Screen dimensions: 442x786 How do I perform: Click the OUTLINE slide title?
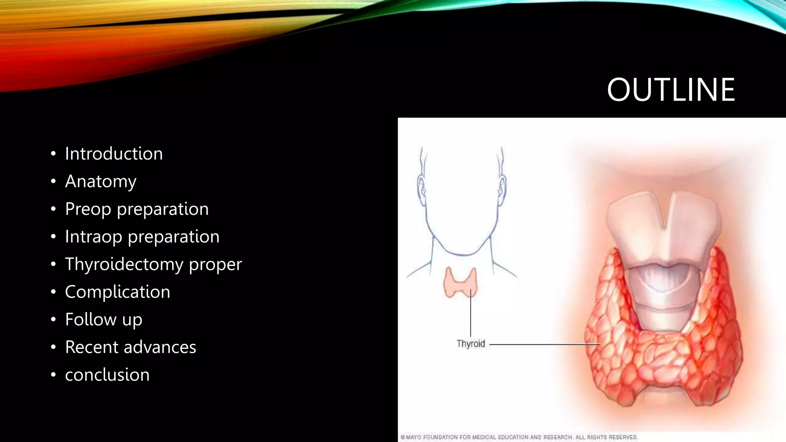point(670,90)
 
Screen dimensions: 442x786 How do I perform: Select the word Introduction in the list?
point(114,153)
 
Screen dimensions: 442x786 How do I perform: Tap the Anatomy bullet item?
point(101,181)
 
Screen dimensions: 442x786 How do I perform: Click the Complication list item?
point(117,292)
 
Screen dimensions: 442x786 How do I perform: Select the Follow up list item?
point(104,320)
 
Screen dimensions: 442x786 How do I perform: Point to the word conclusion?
point(107,375)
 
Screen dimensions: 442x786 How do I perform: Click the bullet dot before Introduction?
point(53,154)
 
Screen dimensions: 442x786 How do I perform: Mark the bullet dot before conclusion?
point(53,375)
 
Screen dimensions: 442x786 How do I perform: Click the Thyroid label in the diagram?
point(471,344)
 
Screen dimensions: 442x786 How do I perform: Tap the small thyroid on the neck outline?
point(460,283)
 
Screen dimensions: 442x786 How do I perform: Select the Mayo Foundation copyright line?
point(519,437)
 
